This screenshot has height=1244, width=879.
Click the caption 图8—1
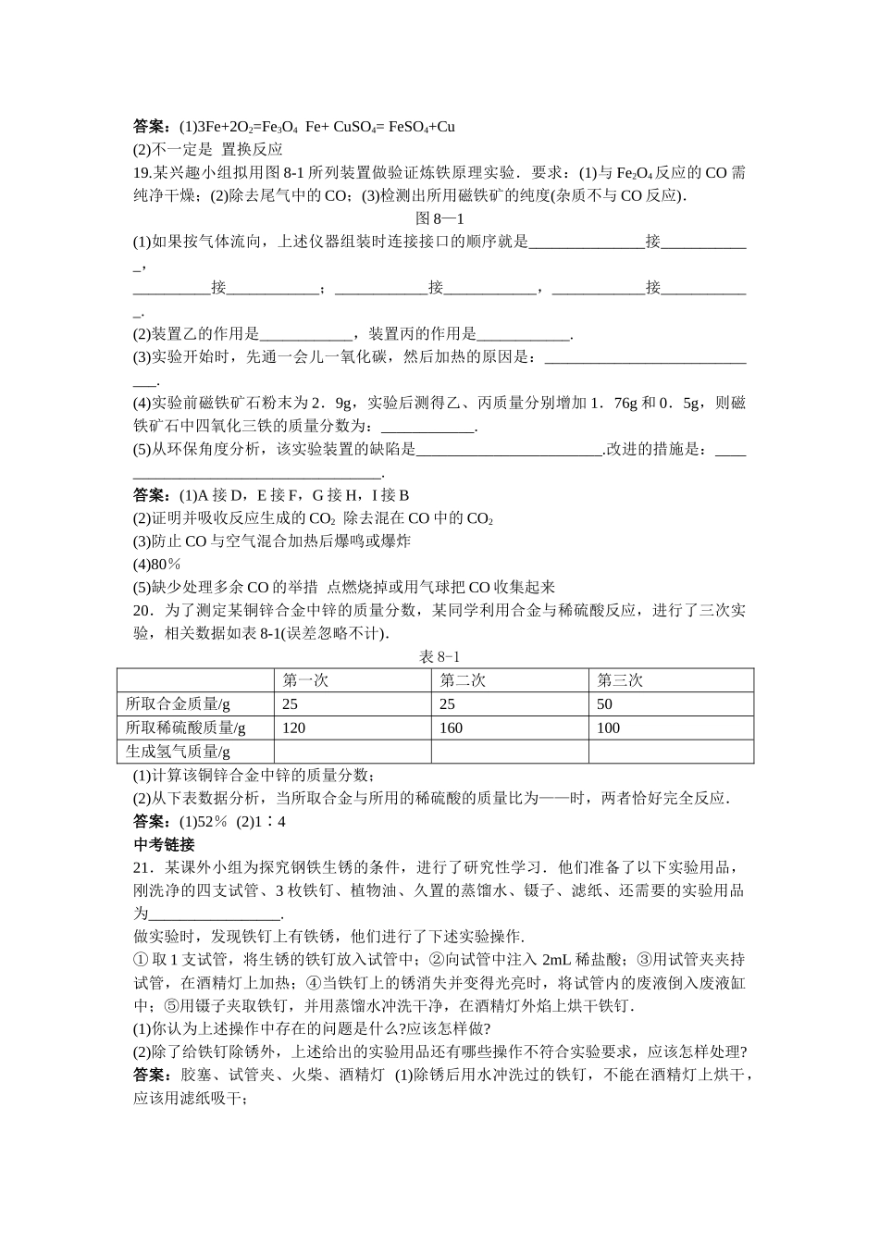[x=439, y=218]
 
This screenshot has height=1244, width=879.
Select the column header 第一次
[x=306, y=680]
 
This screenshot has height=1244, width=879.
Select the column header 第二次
[x=463, y=680]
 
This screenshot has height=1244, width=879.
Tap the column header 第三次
[x=620, y=680]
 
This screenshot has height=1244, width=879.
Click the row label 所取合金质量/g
[x=177, y=703]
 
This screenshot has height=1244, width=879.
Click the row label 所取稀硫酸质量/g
[x=185, y=728]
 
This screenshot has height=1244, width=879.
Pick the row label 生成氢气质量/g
[x=177, y=752]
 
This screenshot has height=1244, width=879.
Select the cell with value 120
[x=293, y=728]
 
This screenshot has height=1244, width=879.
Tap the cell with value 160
[x=451, y=728]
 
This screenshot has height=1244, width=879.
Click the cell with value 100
[x=608, y=728]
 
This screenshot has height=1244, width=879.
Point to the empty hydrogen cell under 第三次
[x=671, y=752]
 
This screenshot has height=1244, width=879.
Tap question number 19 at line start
[x=142, y=172]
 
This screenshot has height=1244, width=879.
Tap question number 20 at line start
[x=142, y=611]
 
